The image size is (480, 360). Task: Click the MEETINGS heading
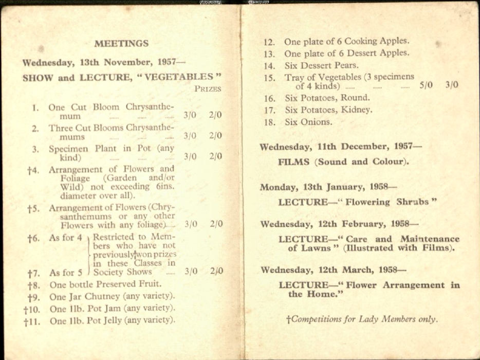(x=121, y=44)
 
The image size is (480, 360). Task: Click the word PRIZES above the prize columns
(x=208, y=89)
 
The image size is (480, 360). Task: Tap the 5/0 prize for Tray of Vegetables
(x=426, y=86)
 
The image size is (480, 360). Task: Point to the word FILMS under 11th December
(x=294, y=161)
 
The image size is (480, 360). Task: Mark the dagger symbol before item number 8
(x=30, y=284)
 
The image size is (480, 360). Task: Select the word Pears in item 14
(x=347, y=66)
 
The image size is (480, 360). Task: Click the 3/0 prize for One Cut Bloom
(x=190, y=115)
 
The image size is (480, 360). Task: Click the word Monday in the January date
(x=278, y=187)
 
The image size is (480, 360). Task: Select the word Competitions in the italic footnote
(x=317, y=319)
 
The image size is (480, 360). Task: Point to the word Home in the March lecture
(x=327, y=295)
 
